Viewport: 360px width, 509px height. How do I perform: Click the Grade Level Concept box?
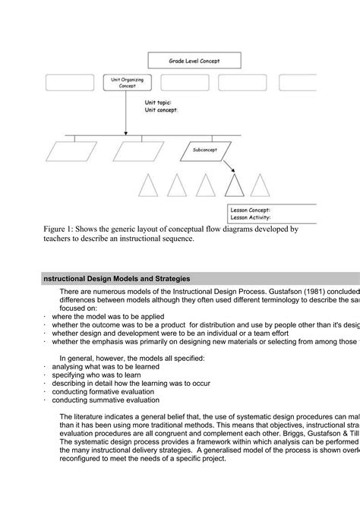click(x=193, y=61)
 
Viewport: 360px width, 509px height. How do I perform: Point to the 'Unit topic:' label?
click(x=158, y=101)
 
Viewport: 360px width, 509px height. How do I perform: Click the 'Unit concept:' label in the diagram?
click(x=161, y=109)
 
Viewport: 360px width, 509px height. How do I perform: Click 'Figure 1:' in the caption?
click(x=60, y=228)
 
